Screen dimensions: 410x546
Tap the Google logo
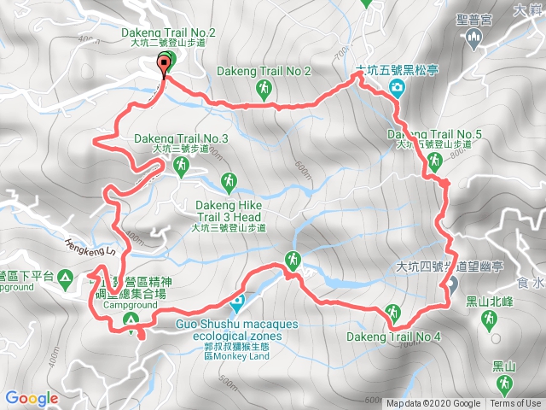(x=31, y=398)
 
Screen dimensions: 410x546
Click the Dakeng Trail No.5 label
(x=434, y=135)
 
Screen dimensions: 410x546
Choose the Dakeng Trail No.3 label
(x=180, y=139)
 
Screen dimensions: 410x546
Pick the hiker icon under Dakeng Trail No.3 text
(x=180, y=170)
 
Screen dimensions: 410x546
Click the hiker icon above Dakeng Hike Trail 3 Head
(x=228, y=181)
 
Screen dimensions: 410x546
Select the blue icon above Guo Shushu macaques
(x=237, y=302)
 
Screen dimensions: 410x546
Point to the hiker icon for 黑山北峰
(x=489, y=319)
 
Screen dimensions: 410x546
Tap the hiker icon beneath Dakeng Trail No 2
(x=264, y=88)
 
